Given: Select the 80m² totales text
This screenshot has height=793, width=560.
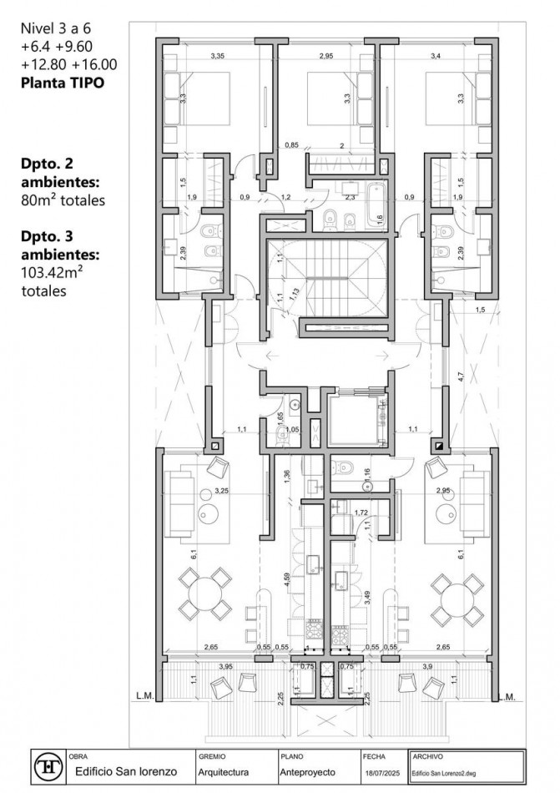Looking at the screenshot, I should click(x=63, y=200).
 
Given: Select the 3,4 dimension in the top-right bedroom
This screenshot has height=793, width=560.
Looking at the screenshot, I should click(x=436, y=56).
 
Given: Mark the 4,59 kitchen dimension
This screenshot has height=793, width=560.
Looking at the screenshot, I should click(x=287, y=580).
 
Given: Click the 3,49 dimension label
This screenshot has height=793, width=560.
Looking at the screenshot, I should click(x=368, y=598).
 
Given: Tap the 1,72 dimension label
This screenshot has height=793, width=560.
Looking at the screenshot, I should click(x=361, y=511).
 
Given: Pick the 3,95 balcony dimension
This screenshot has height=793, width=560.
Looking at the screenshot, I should click(x=225, y=666).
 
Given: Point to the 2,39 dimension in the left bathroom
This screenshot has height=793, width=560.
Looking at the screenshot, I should click(x=184, y=254).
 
